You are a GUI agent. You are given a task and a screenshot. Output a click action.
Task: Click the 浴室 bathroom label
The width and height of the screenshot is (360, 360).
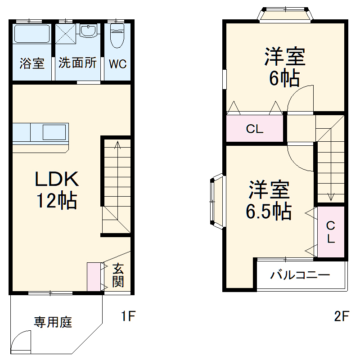click(32, 63)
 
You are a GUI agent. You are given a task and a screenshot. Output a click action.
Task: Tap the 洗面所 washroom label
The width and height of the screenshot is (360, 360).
click(77, 63)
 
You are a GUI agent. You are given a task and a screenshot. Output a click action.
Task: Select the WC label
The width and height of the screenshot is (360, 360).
click(117, 64)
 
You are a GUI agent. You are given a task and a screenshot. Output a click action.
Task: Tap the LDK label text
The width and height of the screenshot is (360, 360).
click(57, 180)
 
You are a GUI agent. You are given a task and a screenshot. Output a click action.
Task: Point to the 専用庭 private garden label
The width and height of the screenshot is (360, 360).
click(53, 322)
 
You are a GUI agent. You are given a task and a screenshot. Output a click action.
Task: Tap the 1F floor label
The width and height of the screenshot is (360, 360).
click(128, 316)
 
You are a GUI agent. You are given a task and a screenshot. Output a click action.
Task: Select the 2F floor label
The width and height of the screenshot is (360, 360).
click(341, 316)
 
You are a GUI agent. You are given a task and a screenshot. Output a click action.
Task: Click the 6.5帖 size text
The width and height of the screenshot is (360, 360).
click(268, 210)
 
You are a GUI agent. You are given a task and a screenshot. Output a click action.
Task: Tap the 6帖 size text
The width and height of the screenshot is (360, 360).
click(284, 79)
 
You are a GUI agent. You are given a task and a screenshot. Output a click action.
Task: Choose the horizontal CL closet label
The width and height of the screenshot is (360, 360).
click(254, 130)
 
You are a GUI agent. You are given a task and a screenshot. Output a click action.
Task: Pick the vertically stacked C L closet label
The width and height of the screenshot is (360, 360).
click(331, 232)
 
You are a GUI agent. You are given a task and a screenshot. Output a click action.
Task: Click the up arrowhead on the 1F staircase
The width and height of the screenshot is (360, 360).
click(117, 144)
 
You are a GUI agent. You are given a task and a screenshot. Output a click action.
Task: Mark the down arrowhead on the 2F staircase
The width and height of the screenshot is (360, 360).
click(331, 197)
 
